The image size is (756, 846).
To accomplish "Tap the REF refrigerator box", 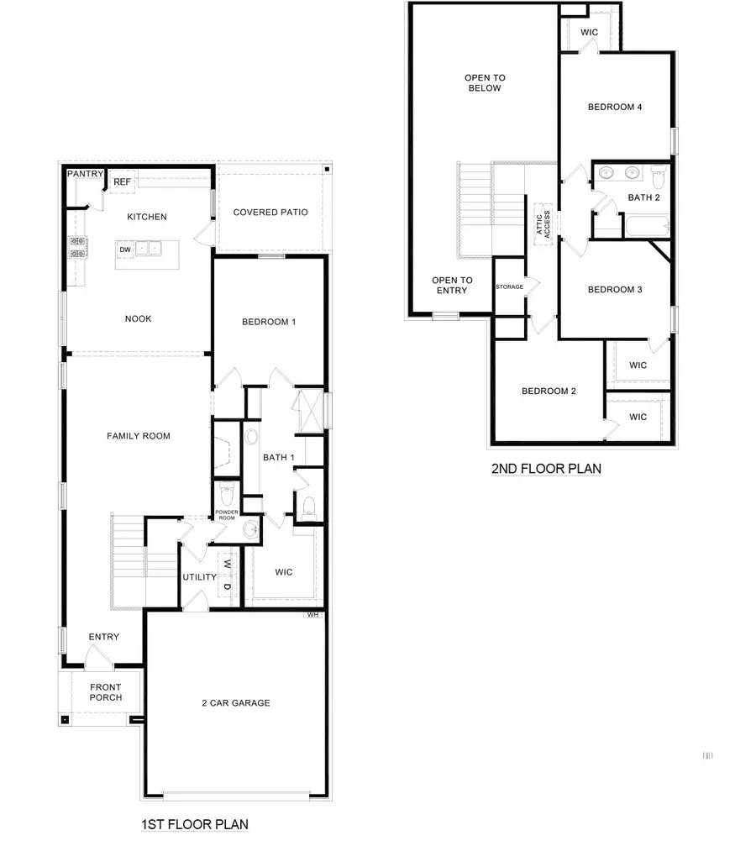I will [122, 181].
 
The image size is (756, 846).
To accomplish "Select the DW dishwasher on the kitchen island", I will [125, 250].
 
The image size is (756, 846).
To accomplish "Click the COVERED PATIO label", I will [270, 213].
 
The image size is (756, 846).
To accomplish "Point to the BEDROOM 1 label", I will [269, 322].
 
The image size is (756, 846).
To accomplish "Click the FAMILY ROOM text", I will [139, 436].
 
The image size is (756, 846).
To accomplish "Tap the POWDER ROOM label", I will [227, 515].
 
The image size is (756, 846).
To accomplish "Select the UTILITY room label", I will [200, 577].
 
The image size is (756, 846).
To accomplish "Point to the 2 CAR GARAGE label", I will [235, 702].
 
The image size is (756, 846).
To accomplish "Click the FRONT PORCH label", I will [106, 692].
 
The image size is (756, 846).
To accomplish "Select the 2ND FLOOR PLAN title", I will [546, 469].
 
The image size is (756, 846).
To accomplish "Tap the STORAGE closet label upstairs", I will [509, 287].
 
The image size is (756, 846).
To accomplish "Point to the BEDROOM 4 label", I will [615, 107].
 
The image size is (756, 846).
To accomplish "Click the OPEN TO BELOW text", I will [483, 82].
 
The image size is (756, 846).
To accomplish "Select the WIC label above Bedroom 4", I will [589, 32].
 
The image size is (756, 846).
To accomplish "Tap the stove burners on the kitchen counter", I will [78, 247].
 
